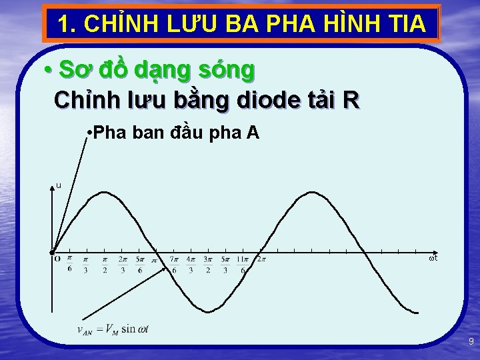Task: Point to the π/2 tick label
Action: tap(105, 264)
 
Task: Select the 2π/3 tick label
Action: tap(123, 264)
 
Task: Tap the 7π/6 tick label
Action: tap(174, 264)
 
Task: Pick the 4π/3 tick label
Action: tap(191, 264)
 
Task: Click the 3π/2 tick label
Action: tap(208, 264)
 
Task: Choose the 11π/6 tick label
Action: tap(243, 264)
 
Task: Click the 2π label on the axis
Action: tap(261, 259)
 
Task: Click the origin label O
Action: tap(57, 259)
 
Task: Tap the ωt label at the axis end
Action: tap(433, 257)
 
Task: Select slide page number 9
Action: tap(471, 341)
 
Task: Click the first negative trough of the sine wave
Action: tap(209, 311)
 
